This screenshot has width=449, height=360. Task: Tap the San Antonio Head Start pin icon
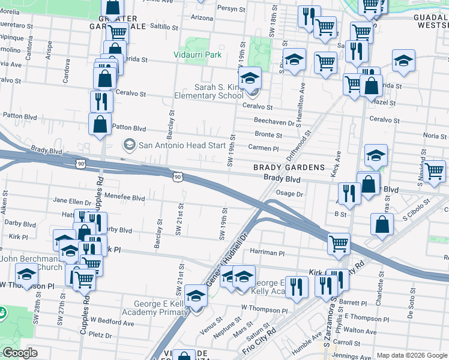(128, 145)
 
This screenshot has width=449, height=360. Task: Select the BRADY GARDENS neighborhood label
(289, 167)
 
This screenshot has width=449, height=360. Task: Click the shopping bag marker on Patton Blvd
(100, 125)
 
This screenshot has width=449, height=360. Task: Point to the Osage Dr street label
(290, 194)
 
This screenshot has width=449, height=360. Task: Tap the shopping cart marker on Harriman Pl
(339, 244)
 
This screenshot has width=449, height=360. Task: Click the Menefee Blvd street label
(125, 197)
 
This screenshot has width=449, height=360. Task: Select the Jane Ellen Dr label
(71, 200)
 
